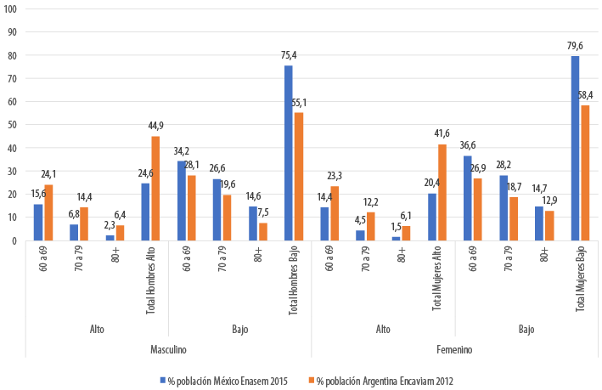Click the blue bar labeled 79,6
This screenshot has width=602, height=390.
pyautogui.click(x=575, y=148)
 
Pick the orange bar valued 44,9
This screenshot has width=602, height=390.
pyautogui.click(x=155, y=188)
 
